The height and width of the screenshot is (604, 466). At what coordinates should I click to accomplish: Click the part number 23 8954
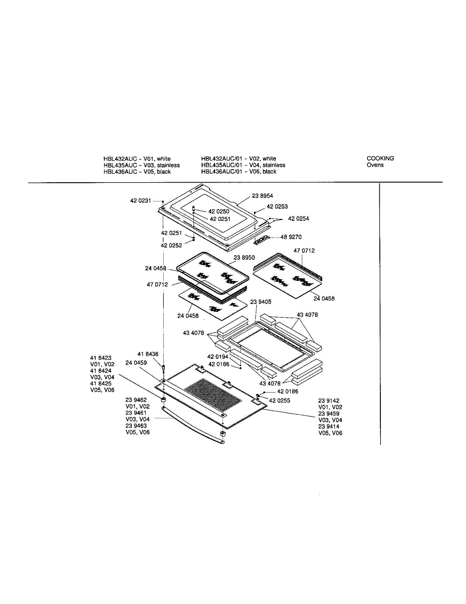pyautogui.click(x=262, y=196)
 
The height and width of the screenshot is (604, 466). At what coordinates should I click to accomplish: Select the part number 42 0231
pyautogui.click(x=140, y=201)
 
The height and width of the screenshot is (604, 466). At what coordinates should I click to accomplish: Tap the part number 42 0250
pyautogui.click(x=219, y=212)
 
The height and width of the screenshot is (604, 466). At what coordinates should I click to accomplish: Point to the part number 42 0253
pyautogui.click(x=277, y=207)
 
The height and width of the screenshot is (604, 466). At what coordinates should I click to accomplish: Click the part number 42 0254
pyautogui.click(x=298, y=218)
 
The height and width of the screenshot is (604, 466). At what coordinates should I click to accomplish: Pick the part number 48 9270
pyautogui.click(x=291, y=237)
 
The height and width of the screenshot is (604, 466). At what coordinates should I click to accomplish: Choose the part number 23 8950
pyautogui.click(x=244, y=257)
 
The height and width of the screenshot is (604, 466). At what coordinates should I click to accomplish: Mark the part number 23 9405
pyautogui.click(x=261, y=301)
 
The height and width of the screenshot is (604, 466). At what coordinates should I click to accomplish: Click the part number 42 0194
pyautogui.click(x=218, y=357)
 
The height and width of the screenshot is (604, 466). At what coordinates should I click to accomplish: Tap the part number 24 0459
pyautogui.click(x=136, y=363)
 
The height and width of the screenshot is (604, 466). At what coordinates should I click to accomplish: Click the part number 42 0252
pyautogui.click(x=171, y=246)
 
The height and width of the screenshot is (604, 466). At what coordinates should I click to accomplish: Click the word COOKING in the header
pyautogui.click(x=380, y=159)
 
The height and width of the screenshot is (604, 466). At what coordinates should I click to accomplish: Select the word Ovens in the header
pyautogui.click(x=375, y=165)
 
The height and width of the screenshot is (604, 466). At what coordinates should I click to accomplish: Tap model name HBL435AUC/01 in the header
pyautogui.click(x=222, y=165)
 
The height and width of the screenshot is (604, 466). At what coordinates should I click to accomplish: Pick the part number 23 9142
pyautogui.click(x=328, y=401)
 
